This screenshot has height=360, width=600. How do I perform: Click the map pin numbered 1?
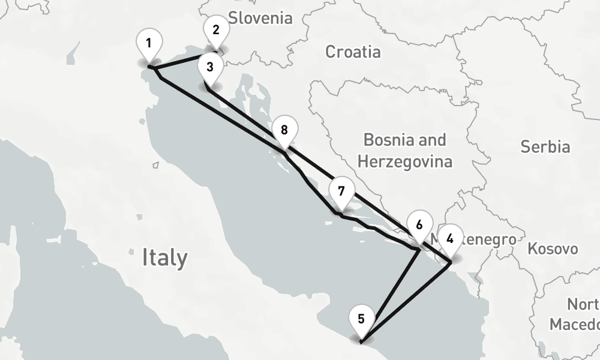149,43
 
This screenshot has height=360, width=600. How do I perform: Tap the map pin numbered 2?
216,30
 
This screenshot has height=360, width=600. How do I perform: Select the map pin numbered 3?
209,67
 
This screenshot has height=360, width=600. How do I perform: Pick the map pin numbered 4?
450,238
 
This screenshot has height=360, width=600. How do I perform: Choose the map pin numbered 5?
361,319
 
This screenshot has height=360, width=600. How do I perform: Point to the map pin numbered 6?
419,225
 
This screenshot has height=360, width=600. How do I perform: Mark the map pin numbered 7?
341,192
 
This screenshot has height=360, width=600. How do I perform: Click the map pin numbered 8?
284,130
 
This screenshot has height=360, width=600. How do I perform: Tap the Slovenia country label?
260,18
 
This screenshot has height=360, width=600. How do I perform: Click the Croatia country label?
352,52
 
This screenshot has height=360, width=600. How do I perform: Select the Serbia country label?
545,146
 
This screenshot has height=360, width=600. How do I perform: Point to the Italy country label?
164,258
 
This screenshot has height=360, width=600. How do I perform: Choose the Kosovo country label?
553,248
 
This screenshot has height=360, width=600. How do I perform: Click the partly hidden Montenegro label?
489,240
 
